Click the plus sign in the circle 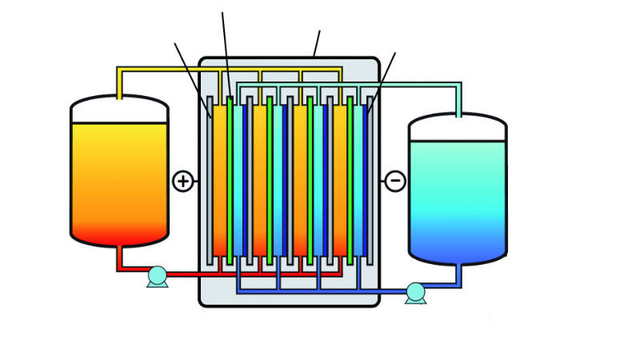tap(183, 182)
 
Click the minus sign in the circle tap(395, 182)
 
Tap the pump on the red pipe tap(158, 277)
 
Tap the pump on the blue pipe tap(416, 293)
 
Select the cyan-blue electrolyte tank tap(458, 200)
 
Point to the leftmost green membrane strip tap(230, 180)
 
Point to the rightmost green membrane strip tap(350, 180)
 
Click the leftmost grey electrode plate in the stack tap(210, 180)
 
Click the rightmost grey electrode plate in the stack tap(370, 180)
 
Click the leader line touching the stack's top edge tap(317, 43)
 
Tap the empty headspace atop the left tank tap(120, 110)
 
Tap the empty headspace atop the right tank tap(458, 129)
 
